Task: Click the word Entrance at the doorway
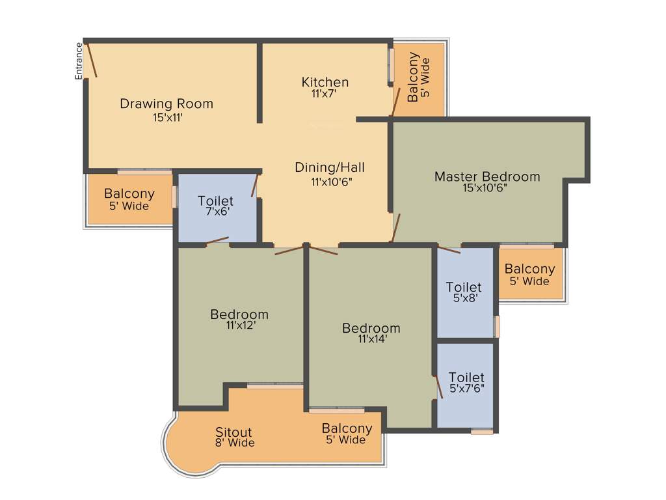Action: click(x=79, y=61)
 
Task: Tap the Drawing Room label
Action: click(x=166, y=104)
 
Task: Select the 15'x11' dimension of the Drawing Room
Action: click(x=166, y=118)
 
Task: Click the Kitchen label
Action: click(x=325, y=82)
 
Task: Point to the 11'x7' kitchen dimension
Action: click(x=325, y=94)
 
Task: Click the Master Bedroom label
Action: click(x=487, y=176)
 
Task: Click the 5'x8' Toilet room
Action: click(x=464, y=292)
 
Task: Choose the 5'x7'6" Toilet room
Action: click(x=466, y=382)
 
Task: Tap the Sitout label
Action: click(x=233, y=432)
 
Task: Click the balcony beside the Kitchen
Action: click(x=419, y=79)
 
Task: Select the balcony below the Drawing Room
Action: click(x=129, y=199)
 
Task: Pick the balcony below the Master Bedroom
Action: click(x=529, y=274)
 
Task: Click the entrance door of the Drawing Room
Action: click(x=92, y=60)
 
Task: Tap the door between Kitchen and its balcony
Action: click(x=395, y=102)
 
